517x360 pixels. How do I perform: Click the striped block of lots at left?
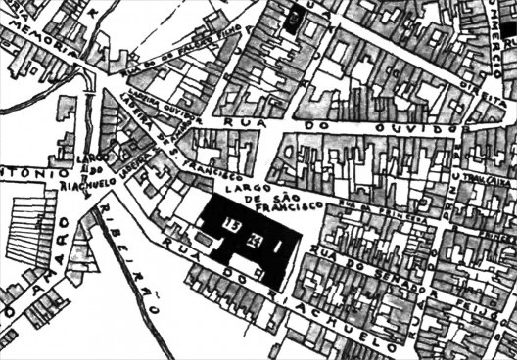[33, 231]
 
